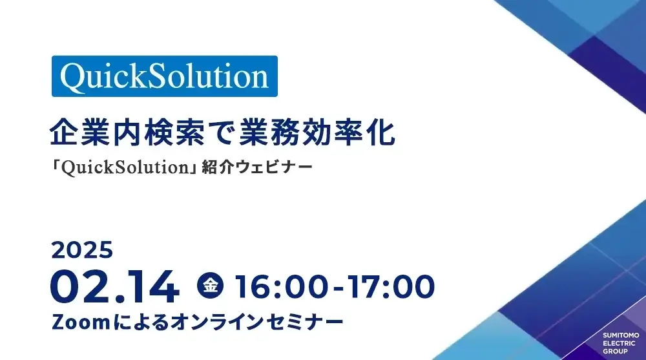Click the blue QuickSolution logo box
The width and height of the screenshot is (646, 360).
(165, 76)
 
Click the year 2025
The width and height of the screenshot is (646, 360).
(82, 249)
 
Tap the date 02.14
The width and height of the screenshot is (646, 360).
(115, 287)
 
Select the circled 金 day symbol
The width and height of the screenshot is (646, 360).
(211, 285)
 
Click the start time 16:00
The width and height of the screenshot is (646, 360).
(282, 287)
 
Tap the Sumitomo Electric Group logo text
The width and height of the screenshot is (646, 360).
(620, 343)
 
